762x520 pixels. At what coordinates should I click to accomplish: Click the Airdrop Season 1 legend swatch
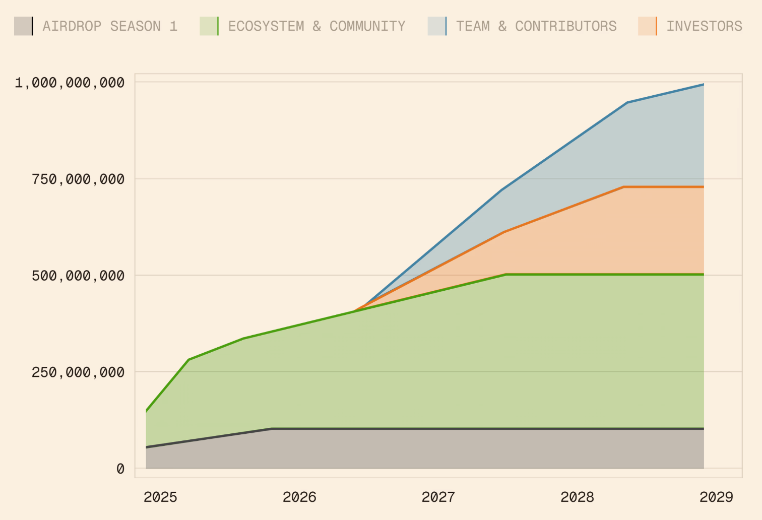(24, 26)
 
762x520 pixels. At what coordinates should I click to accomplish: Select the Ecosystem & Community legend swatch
(209, 26)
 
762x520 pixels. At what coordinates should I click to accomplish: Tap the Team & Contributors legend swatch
(437, 26)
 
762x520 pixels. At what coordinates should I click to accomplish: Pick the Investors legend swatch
(648, 26)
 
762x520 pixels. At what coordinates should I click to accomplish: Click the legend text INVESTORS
(704, 26)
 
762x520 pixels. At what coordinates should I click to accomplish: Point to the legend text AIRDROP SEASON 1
(110, 26)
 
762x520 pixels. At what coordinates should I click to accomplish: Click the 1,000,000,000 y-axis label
(70, 83)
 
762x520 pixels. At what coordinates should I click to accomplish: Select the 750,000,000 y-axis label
(78, 179)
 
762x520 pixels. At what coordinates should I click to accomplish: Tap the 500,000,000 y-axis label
(78, 276)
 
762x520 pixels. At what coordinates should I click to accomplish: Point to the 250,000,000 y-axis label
(78, 372)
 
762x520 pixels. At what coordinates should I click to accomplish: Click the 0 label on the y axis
(120, 469)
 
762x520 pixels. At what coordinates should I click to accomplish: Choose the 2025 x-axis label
(160, 497)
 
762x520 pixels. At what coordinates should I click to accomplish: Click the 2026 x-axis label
(299, 497)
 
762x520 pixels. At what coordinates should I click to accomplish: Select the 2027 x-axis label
(438, 497)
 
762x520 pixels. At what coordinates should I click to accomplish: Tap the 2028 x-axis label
(578, 497)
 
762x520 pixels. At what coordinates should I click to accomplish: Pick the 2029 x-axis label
(716, 497)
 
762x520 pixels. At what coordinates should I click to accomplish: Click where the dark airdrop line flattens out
(272, 429)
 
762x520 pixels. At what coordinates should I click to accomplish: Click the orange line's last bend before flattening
(624, 187)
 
